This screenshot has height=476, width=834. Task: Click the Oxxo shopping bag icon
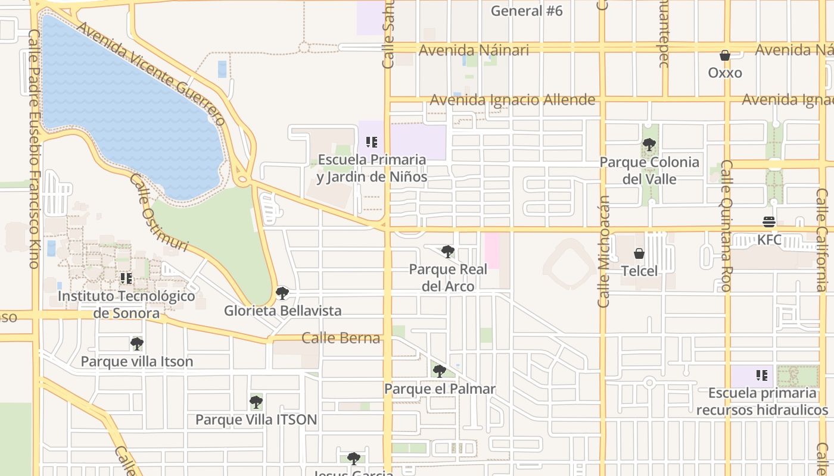[725, 55]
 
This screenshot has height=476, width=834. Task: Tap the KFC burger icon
[768, 222]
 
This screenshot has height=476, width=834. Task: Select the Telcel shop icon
[639, 253]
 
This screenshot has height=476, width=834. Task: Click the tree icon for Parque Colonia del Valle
[649, 144]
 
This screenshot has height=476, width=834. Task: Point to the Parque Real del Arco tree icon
[448, 251]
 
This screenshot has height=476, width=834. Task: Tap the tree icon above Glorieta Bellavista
[282, 293]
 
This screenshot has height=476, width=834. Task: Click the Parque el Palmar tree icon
[440, 371]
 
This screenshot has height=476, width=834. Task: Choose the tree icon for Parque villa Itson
[137, 343]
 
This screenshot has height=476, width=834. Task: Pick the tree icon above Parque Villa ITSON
[256, 402]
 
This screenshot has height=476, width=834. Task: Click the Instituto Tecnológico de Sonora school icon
[126, 278]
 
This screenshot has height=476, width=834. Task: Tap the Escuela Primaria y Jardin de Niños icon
[372, 142]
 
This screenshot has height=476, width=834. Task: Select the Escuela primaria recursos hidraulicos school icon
[762, 375]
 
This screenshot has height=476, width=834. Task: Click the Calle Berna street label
[341, 338]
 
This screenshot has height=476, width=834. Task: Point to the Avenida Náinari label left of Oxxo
[474, 50]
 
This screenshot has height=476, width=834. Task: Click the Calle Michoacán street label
[604, 251]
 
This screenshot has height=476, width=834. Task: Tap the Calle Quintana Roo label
[726, 226]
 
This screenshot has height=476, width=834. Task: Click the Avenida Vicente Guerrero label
[151, 74]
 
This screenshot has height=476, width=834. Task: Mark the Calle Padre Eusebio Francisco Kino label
[33, 149]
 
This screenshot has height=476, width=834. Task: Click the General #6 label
[527, 11]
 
